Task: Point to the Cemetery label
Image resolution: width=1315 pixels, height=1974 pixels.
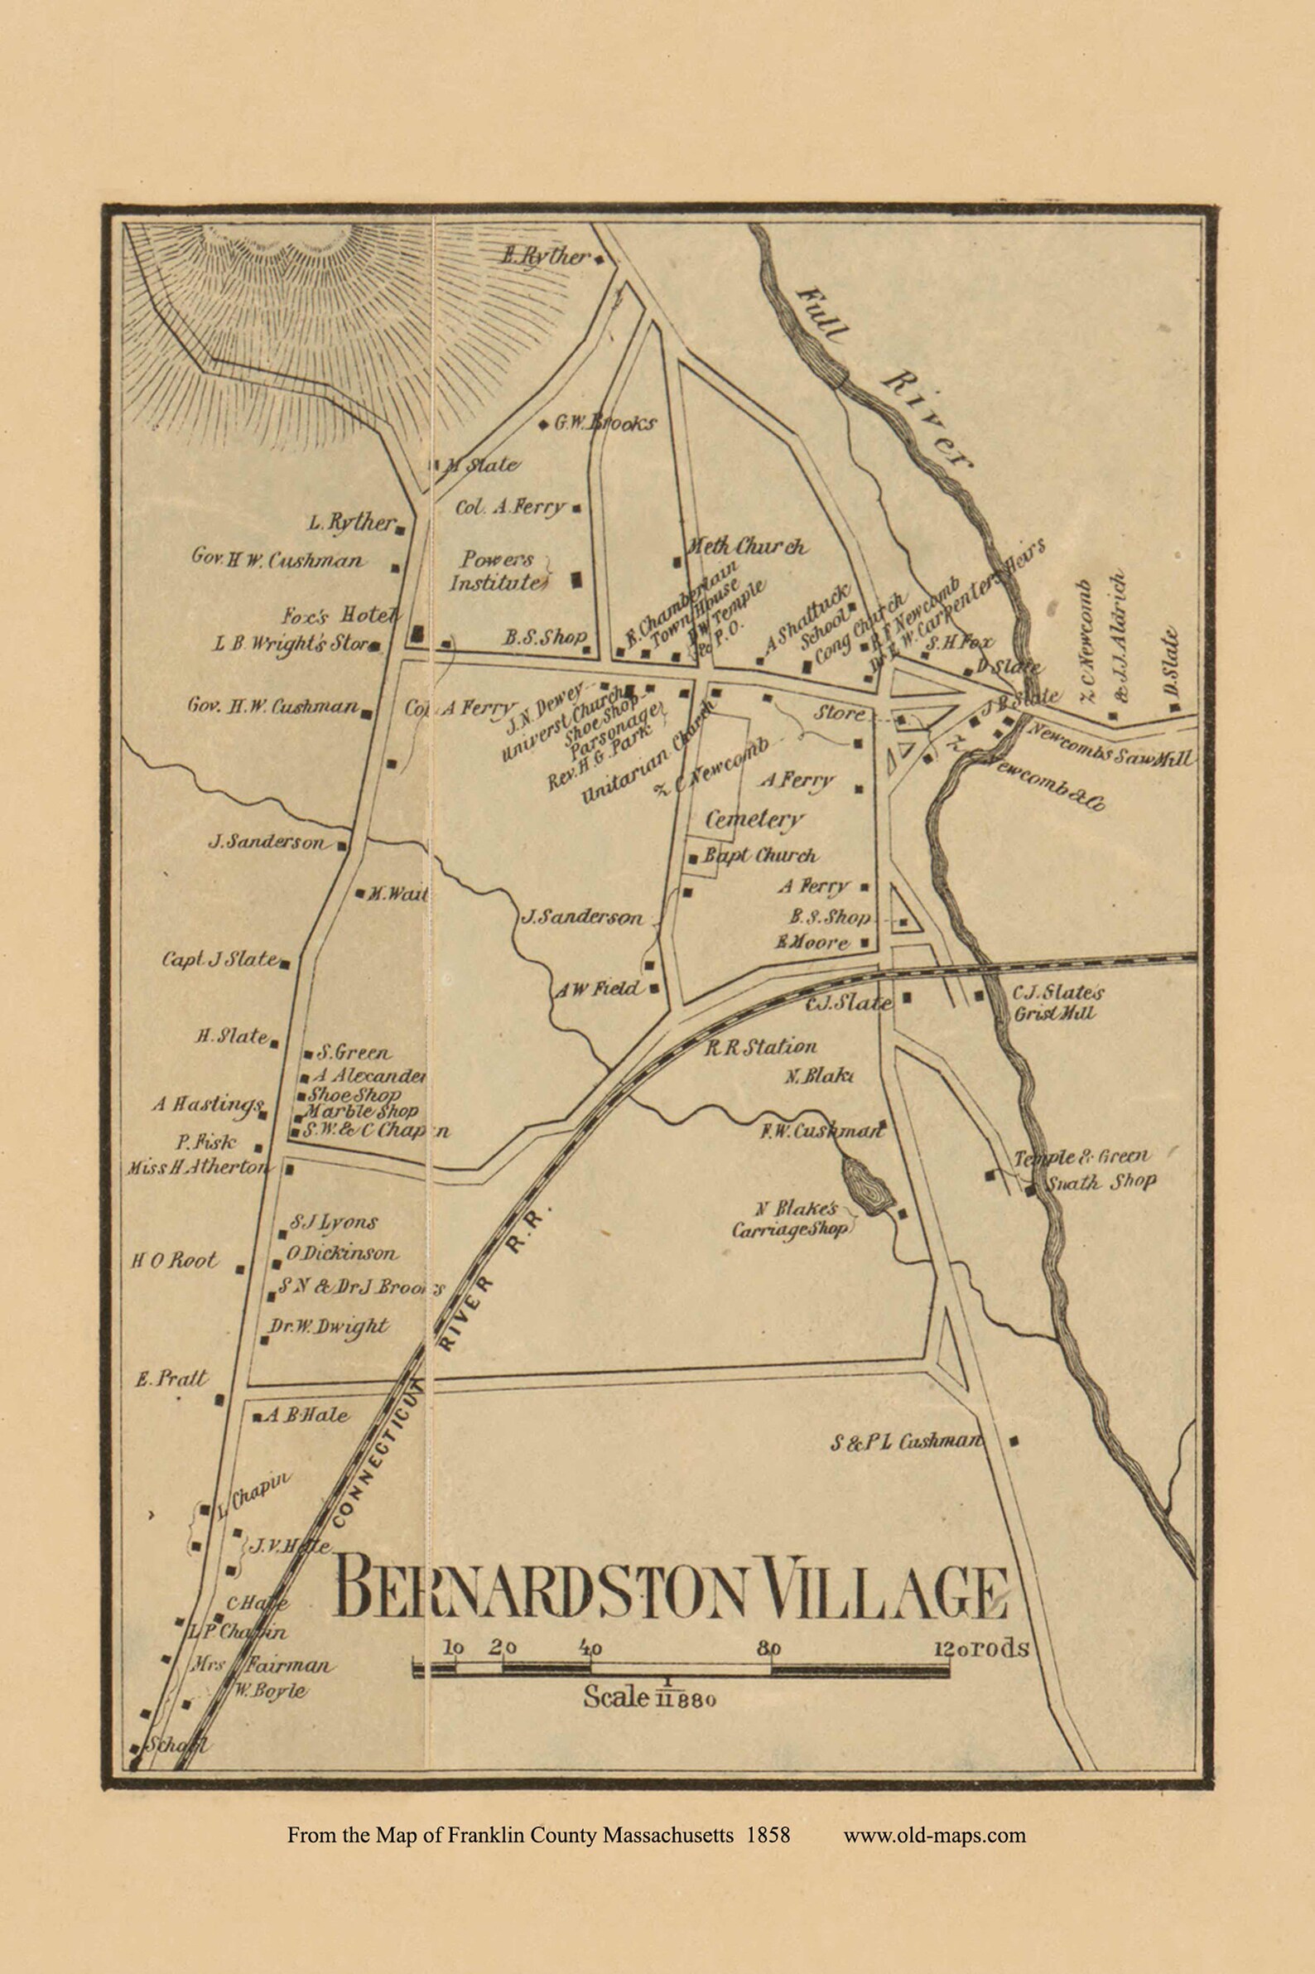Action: pyautogui.click(x=754, y=818)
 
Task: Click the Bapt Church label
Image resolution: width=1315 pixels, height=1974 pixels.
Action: pyautogui.click(x=760, y=856)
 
